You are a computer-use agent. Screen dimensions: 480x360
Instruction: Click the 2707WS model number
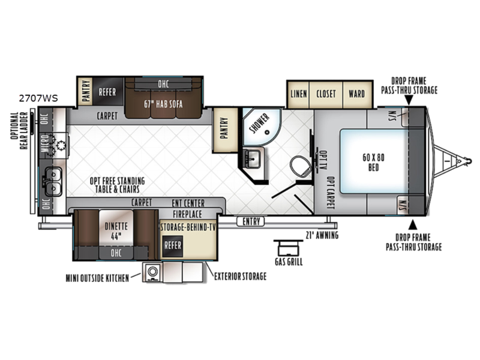click(38, 98)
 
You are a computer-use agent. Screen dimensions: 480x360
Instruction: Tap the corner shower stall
click(261, 126)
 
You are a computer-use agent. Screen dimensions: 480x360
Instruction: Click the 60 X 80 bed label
click(373, 162)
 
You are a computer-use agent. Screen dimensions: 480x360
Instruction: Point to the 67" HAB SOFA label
click(163, 104)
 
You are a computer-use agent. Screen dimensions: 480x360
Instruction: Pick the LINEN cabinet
click(298, 94)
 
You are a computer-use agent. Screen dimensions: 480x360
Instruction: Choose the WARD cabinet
click(357, 94)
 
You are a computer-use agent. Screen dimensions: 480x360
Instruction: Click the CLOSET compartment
click(326, 94)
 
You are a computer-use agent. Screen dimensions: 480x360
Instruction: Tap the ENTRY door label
click(251, 221)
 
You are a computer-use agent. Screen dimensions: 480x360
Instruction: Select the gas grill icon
click(289, 248)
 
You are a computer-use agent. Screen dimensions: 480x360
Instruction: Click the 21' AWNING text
click(322, 235)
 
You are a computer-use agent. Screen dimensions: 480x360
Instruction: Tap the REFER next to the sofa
click(107, 92)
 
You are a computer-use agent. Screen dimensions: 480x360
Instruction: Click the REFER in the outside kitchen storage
click(173, 246)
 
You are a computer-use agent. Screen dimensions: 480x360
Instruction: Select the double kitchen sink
click(52, 182)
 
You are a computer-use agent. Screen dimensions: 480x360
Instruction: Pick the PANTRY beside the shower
click(225, 130)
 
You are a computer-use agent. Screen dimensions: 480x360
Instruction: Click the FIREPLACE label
click(187, 214)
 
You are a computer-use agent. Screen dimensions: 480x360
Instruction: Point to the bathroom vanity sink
click(253, 158)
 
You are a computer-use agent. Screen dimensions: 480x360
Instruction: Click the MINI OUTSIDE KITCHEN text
click(97, 278)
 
